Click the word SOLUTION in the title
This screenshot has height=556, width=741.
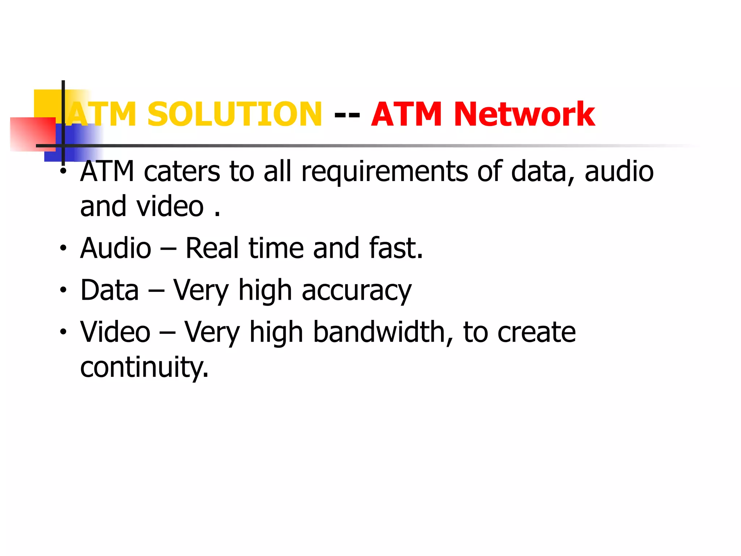pyautogui.click(x=234, y=114)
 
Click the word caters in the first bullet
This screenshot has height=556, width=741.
pyautogui.click(x=182, y=172)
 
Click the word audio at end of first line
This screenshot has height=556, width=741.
pyautogui.click(x=619, y=172)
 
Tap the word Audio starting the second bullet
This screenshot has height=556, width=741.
pyautogui.click(x=116, y=248)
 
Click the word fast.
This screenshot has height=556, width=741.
pyautogui.click(x=395, y=248)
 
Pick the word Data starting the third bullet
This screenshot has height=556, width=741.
pyautogui.click(x=110, y=290)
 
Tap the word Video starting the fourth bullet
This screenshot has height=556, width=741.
pyautogui.click(x=115, y=332)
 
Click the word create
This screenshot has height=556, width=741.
pyautogui.click(x=536, y=333)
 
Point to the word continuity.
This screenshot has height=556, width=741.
pyautogui.click(x=144, y=367)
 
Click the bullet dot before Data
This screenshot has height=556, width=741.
pyautogui.click(x=63, y=290)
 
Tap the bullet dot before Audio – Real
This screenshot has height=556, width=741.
pyautogui.click(x=63, y=248)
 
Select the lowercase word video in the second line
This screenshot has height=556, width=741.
pyautogui.click(x=170, y=207)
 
